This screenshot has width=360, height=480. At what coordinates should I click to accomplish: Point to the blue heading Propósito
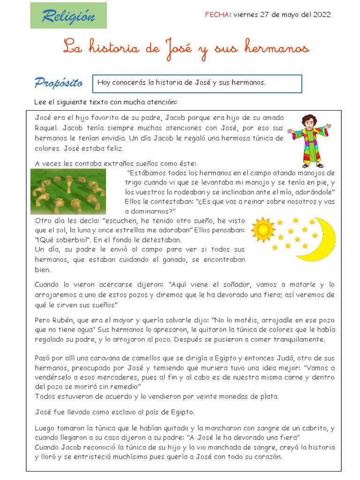pyautogui.click(x=59, y=83)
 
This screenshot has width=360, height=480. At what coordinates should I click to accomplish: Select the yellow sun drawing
pyautogui.click(x=262, y=229)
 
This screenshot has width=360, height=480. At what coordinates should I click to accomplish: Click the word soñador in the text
pyautogui.click(x=238, y=285)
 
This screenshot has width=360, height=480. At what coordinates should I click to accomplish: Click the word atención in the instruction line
pyautogui.click(x=162, y=102)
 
